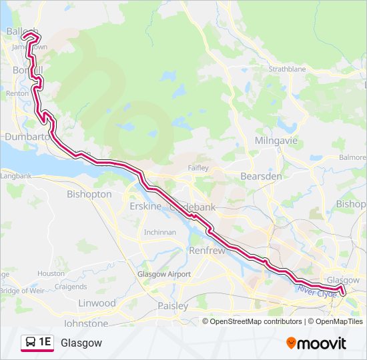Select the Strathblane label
tap(286, 69)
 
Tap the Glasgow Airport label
tap(163, 274)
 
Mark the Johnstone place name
tap(85, 323)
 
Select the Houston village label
tap(51, 273)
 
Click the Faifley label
tap(199, 167)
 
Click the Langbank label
tap(16, 176)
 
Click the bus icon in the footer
tap(30, 343)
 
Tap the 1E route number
tap(45, 343)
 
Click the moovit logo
tap(316, 343)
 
